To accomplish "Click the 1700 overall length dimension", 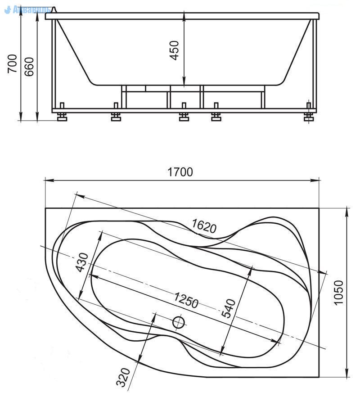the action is coord(180,172).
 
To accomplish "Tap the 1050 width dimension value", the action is coord(338,293).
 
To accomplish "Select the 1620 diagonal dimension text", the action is coord(204,226).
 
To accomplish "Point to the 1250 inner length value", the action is coord(186,300).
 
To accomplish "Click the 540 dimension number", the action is coord(228,308).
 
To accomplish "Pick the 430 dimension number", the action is coord(82,262).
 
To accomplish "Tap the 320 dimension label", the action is coord(123,378).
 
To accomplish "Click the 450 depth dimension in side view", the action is coord(174,50).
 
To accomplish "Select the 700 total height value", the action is coord(12,64).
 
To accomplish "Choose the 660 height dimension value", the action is coord(29,67).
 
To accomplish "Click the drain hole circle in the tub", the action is coord(179,322).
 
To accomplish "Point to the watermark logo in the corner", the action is coord(27,10).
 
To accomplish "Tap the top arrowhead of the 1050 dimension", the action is coord(347,212).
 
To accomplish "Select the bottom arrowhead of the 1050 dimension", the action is coord(347,372).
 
